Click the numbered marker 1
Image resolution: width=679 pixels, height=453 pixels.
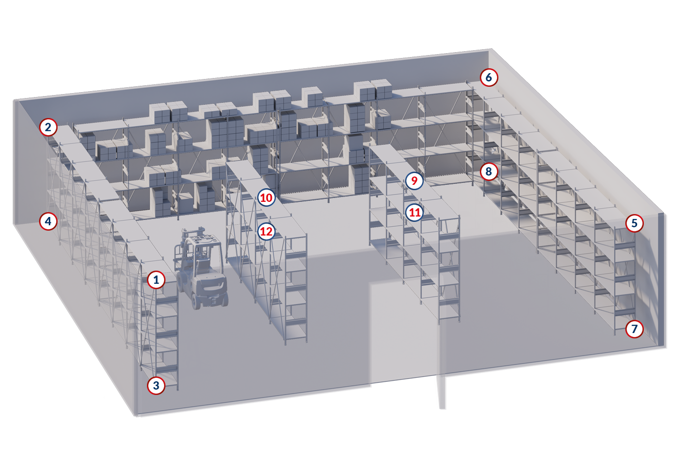coord(156,280)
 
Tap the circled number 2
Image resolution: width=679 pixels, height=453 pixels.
coord(48,127)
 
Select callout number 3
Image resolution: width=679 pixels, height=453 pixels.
coord(156,386)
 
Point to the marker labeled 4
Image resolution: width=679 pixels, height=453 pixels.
coord(48,221)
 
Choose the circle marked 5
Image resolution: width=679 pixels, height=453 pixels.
coord(635,223)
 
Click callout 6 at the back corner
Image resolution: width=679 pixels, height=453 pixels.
coord(489,78)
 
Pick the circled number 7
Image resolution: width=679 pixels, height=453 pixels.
coord(635,329)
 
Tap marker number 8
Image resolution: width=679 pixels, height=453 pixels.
coord(489,172)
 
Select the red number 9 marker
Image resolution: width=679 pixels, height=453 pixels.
coord(414,181)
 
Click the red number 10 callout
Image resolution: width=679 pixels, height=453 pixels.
coord(267,198)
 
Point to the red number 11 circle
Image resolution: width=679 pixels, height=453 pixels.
coord(415,213)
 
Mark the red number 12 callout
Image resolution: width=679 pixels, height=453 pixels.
coord(267,232)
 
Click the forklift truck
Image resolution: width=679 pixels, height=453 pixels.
coord(200,268)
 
